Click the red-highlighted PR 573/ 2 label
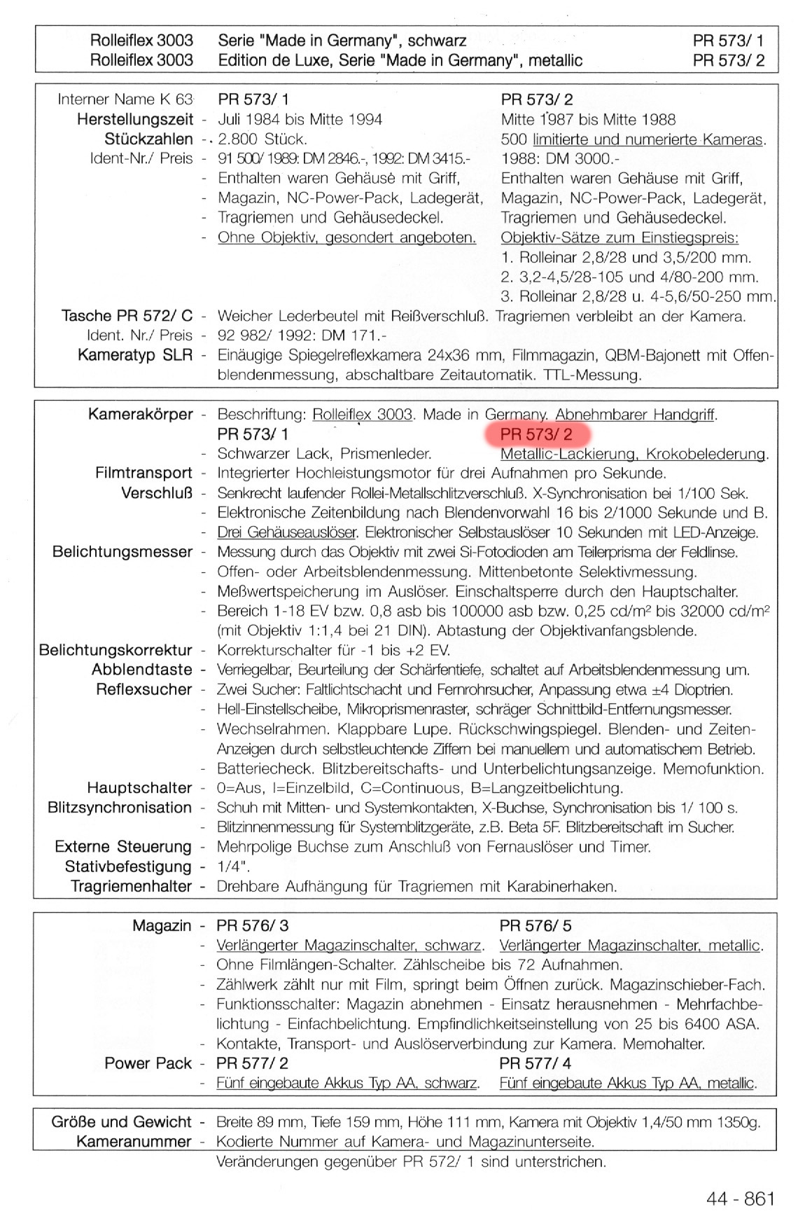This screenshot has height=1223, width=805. [x=536, y=434]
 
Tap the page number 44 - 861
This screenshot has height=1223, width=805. [x=741, y=1198]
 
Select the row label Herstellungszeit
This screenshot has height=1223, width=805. [x=134, y=119]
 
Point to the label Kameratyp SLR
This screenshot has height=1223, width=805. [x=134, y=355]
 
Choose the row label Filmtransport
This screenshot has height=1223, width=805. [x=143, y=473]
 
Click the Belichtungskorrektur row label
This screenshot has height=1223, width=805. [x=115, y=650]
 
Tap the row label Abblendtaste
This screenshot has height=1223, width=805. [x=141, y=670]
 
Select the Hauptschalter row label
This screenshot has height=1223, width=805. [x=139, y=788]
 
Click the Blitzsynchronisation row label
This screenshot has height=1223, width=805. [x=120, y=808]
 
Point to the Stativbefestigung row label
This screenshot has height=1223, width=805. [x=128, y=866]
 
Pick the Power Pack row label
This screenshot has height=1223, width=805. [x=148, y=1063]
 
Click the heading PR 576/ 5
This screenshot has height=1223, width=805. [x=535, y=926]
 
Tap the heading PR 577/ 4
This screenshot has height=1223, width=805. [x=535, y=1063]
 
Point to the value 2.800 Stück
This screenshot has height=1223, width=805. [x=262, y=139]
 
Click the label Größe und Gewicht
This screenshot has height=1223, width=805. [x=121, y=1122]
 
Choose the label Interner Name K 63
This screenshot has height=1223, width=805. [x=125, y=99]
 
